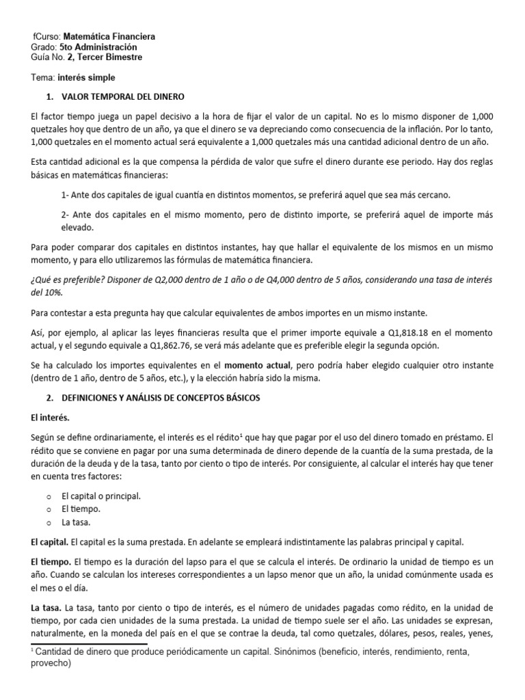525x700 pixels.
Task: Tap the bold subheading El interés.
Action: click(50, 416)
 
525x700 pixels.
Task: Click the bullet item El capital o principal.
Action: click(101, 496)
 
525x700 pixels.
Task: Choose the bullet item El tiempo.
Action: click(81, 509)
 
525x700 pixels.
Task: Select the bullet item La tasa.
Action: click(77, 521)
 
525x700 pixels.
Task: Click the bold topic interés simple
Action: click(87, 77)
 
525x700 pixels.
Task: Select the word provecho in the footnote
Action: click(51, 663)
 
